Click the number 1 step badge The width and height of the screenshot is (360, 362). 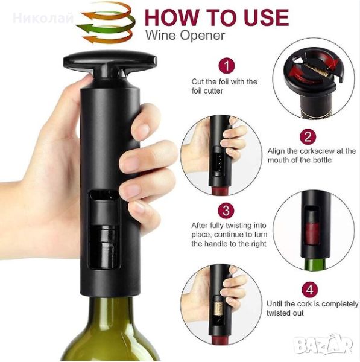227,66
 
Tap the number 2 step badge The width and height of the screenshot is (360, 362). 308,137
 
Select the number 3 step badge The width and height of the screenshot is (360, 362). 226,211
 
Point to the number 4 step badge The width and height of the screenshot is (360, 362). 309,290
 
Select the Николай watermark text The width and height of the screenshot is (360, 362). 43,18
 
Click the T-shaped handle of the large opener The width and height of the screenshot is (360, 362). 110,63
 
